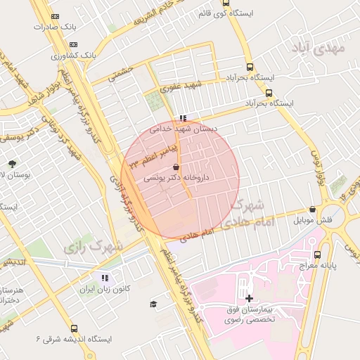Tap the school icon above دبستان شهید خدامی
click(184, 118)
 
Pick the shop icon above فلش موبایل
click(312, 210)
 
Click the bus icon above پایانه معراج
click(317, 255)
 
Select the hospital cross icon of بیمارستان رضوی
click(249, 298)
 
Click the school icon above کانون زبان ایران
click(105, 277)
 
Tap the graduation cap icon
click(153, 304)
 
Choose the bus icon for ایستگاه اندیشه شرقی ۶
click(74, 328)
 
